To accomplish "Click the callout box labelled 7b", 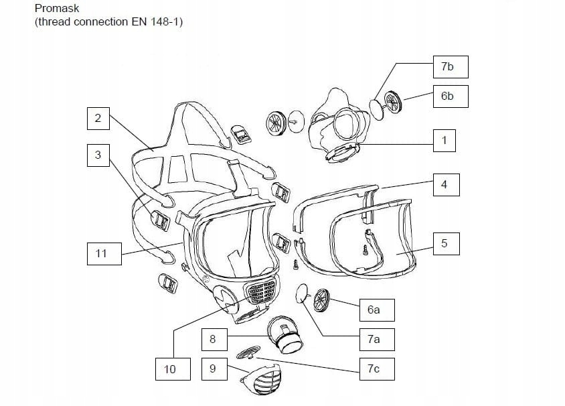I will coord(448,67).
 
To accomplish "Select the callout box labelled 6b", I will coord(448,96).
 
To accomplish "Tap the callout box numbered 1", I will coord(443,141).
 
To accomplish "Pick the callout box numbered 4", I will coord(443,184).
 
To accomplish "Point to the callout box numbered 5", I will coord(443,243).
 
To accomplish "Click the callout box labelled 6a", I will coord(374,310).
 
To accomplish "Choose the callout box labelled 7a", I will coord(374,340).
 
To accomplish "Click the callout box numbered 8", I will coord(213,340).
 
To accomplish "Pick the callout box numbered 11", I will coord(101,254).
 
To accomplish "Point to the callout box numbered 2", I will coord(98,119).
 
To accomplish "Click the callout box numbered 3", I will coord(98,155).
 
